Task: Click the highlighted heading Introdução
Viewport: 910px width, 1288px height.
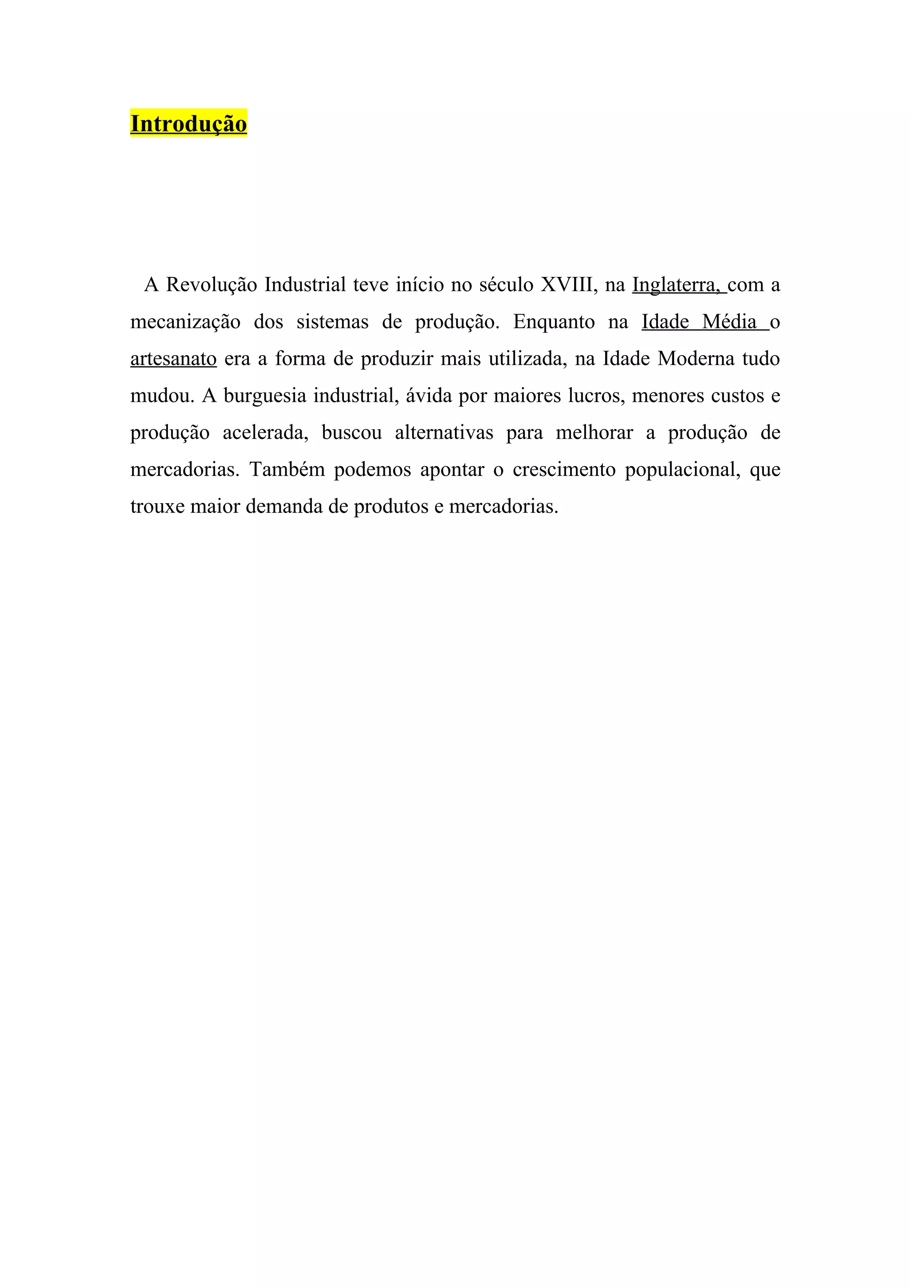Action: tap(188, 124)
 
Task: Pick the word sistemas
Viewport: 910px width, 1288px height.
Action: tap(332, 322)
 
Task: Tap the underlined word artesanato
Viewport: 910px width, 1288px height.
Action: tap(173, 359)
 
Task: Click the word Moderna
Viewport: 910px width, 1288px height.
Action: tap(696, 359)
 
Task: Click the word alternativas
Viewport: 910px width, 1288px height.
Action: tap(444, 433)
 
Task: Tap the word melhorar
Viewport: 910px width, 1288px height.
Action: tap(595, 433)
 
